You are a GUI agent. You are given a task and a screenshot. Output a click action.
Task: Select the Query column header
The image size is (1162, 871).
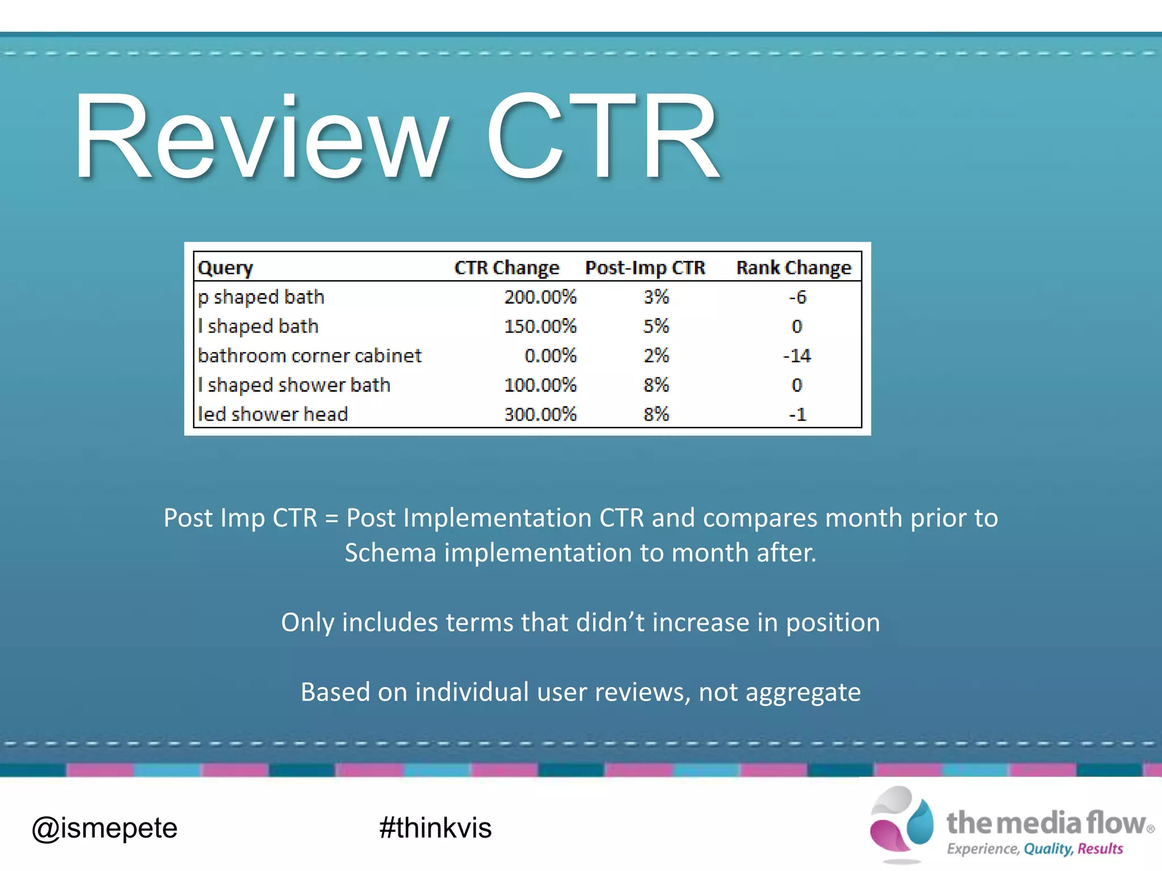225,268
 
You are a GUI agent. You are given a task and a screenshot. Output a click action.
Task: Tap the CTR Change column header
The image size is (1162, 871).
507,268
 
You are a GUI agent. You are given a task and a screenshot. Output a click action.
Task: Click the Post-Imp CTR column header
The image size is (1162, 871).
645,268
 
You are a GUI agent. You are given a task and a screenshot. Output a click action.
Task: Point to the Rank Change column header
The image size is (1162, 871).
793,268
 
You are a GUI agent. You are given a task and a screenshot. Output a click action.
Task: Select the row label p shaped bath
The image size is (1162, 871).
261,297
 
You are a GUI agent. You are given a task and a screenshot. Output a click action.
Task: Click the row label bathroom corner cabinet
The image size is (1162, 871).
310,356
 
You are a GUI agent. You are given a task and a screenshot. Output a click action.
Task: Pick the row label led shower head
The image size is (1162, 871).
273,415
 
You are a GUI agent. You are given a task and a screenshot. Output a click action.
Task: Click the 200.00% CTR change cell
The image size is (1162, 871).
540,297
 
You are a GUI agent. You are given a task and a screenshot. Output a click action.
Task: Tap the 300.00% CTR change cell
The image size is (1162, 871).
540,415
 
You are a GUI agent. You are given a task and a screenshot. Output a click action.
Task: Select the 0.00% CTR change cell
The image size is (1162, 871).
550,356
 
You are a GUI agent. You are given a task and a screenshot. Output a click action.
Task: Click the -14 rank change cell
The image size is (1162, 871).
797,356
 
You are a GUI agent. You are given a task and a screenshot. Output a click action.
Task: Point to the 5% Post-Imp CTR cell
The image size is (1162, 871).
656,327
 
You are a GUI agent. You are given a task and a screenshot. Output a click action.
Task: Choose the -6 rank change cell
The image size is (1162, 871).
797,297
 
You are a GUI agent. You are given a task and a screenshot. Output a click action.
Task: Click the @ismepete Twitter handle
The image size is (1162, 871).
104,828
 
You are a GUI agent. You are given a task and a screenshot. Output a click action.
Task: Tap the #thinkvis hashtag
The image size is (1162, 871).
435,828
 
